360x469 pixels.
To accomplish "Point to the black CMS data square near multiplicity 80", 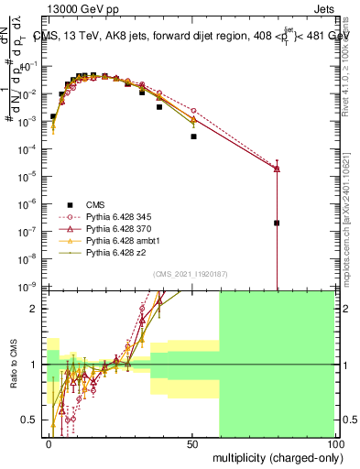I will tap(277, 223).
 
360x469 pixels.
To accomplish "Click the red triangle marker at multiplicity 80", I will tap(277, 169).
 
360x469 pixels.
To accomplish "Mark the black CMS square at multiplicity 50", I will tap(193, 136).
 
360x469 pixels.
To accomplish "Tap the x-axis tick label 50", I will tap(192, 442).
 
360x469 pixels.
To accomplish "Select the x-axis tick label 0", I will tap(49, 442).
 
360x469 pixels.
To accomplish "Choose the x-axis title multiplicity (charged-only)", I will tap(273, 457).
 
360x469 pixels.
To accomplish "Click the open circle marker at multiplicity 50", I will tap(193, 109).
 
